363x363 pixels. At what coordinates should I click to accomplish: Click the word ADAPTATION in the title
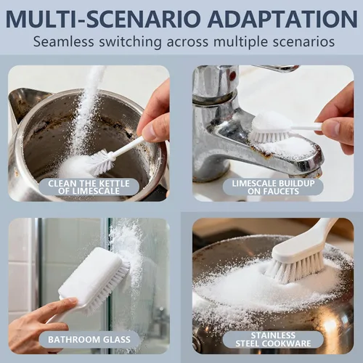pos(282,19)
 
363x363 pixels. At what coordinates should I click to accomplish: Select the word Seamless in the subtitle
pos(63,41)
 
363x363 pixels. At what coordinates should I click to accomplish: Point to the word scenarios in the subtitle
pos(303,41)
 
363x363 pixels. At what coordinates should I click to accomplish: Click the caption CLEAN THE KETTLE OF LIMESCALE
pos(89,187)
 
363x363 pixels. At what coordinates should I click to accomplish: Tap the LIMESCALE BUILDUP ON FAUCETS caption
pos(273,187)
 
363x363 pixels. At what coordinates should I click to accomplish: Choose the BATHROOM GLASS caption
pos(89,340)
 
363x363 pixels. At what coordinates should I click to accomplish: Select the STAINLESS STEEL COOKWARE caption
pos(273,340)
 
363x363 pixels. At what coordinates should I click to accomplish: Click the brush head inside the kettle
pos(101,162)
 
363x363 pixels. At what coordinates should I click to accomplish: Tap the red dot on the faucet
pos(232,76)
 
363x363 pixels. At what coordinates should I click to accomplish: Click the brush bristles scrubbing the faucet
pos(269,136)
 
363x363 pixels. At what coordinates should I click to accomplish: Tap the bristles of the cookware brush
pos(296,267)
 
